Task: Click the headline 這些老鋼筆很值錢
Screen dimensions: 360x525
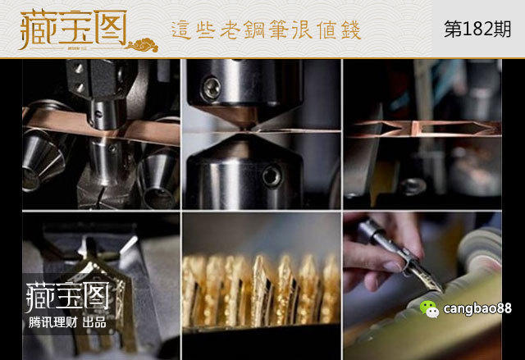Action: [x=266, y=30]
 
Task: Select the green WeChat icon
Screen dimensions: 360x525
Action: [x=430, y=308]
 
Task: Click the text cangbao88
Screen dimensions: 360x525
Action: [x=477, y=309]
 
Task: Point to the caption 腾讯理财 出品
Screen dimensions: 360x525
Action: [x=66, y=322]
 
